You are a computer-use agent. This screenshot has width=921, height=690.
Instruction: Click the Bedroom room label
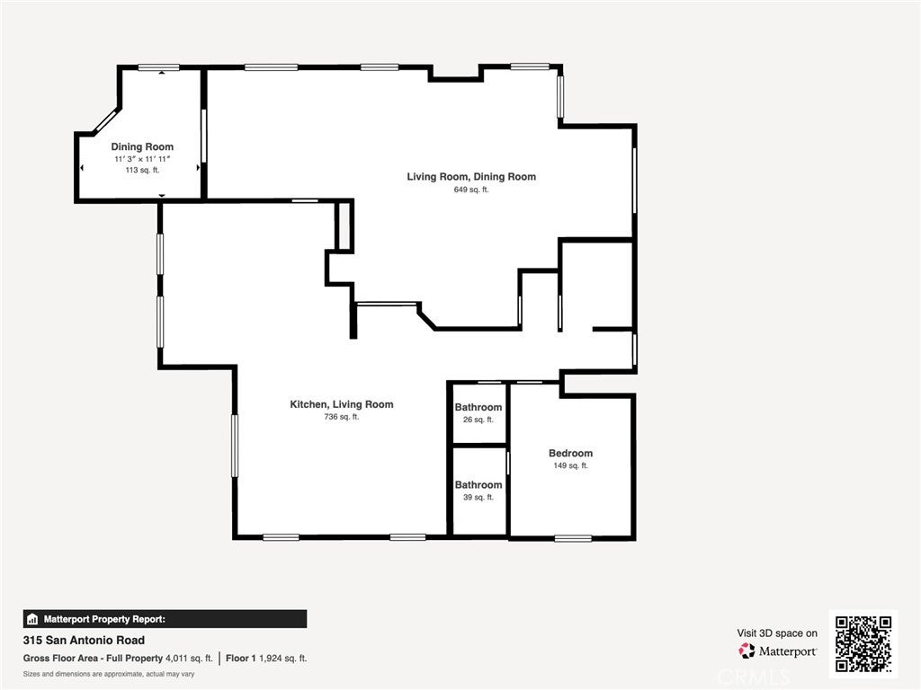tap(570, 453)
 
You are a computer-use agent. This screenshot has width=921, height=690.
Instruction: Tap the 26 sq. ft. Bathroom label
tap(478, 407)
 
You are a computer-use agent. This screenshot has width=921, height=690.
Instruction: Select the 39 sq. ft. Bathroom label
tap(478, 484)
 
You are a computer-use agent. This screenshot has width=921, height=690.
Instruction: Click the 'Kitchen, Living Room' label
tap(341, 404)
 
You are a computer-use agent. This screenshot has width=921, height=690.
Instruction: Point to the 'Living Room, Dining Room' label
tap(471, 176)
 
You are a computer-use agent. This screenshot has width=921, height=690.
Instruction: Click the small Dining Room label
tap(142, 146)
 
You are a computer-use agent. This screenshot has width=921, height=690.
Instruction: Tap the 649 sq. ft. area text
tap(471, 190)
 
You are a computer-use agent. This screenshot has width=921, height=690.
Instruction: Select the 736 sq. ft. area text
tap(341, 417)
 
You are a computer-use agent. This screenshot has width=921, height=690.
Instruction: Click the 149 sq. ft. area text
tap(570, 465)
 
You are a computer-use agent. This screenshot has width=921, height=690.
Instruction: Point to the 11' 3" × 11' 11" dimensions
tap(142, 158)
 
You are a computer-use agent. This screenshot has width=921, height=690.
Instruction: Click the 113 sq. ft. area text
tap(142, 170)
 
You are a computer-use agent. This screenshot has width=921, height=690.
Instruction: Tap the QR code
tap(863, 643)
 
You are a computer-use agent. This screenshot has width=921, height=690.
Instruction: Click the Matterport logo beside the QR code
tap(778, 650)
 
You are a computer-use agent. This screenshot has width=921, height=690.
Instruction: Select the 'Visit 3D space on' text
tap(777, 632)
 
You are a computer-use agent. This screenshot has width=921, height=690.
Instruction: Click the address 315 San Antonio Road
tap(84, 641)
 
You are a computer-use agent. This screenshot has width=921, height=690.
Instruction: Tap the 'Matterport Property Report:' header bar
tap(165, 619)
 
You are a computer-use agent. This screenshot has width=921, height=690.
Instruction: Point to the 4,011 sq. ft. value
tap(189, 659)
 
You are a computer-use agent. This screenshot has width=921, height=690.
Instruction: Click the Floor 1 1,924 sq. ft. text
tap(266, 659)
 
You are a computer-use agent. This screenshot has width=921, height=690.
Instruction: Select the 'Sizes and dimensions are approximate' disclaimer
tap(109, 674)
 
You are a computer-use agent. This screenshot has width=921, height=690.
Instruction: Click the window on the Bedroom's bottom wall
tap(573, 538)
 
